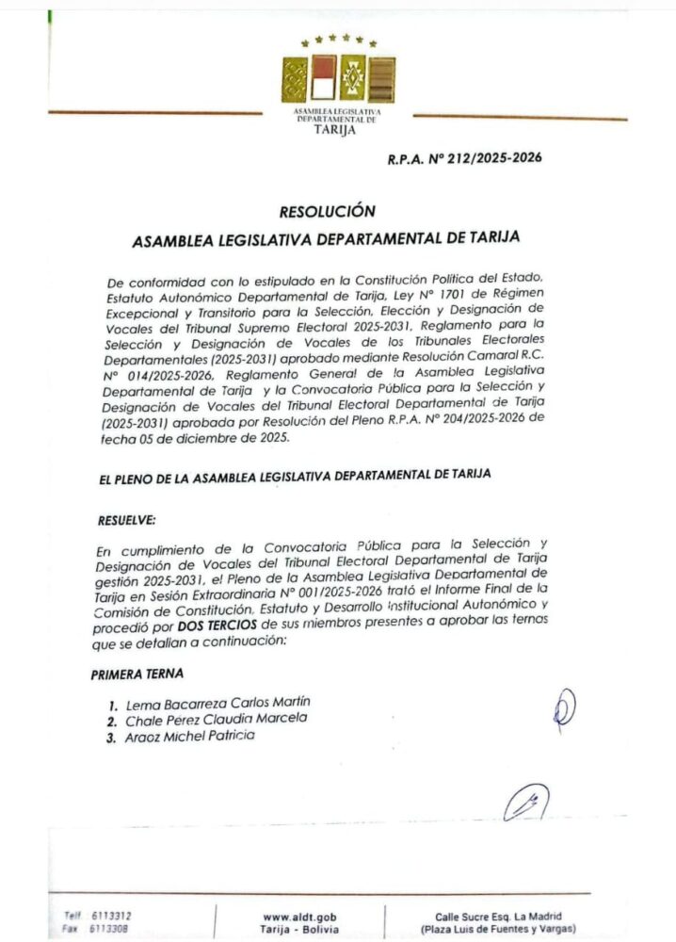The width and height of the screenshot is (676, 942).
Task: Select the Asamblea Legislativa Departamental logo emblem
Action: tap(339, 79)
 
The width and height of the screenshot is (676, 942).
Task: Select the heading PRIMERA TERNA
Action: tap(137, 674)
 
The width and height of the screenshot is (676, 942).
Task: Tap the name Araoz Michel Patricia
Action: tap(189, 735)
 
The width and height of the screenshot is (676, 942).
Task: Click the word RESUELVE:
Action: tap(127, 519)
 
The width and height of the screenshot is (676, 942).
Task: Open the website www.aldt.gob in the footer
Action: tap(299, 916)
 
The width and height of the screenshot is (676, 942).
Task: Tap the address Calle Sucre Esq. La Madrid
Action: tap(498, 916)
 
